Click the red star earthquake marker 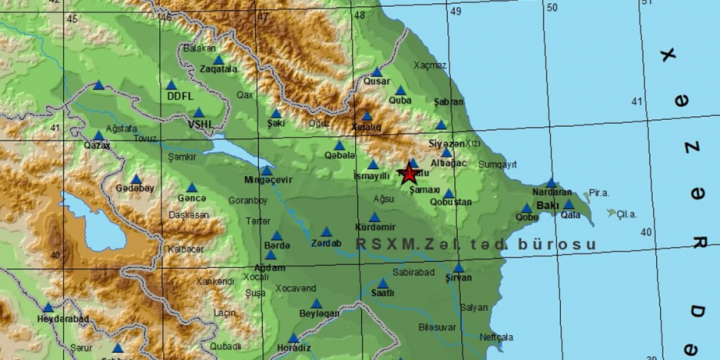(409, 173)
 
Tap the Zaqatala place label (218, 70)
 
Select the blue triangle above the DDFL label (171, 85)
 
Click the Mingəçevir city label (267, 181)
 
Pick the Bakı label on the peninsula (548, 205)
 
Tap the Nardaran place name (552, 192)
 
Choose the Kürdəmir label (375, 228)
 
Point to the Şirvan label (458, 278)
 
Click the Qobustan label (450, 202)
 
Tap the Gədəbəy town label (135, 188)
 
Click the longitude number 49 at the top (455, 11)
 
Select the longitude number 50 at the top (551, 7)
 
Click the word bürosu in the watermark (562, 244)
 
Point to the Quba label (400, 100)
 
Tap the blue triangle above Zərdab (326, 232)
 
